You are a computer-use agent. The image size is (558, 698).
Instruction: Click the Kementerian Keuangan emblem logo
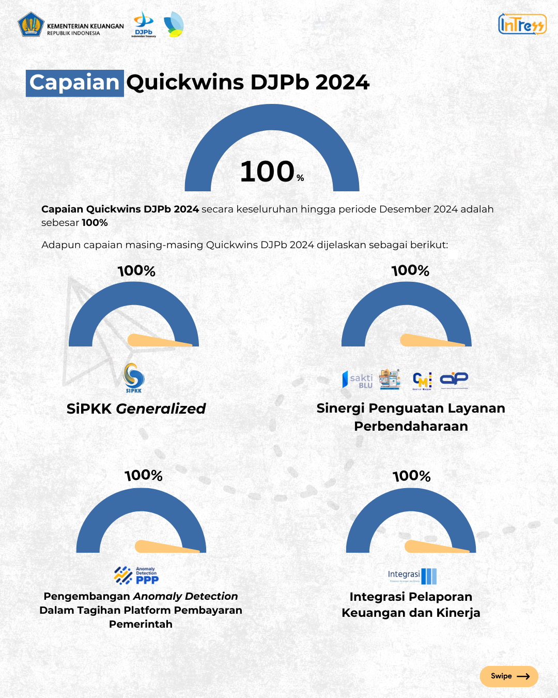31,24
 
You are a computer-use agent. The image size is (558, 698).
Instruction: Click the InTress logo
522,24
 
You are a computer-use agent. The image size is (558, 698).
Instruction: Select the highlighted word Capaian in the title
74,83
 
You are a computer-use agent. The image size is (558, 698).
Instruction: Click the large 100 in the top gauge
267,172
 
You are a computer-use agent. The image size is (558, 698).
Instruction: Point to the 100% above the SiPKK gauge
136,271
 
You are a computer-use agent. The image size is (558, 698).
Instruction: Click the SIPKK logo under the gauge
134,377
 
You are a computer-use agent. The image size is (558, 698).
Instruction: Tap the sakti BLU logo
358,380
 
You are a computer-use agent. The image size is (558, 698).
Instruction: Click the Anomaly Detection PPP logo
136,575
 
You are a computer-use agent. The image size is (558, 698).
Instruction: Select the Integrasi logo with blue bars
412,575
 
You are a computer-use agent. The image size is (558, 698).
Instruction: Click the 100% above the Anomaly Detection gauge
144,476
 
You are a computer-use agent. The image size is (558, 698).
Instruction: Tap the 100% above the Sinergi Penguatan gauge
410,271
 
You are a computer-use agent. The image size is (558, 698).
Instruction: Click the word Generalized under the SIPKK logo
161,408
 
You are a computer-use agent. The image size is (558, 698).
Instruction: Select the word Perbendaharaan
411,426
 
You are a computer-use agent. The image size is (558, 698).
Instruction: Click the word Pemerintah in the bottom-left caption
141,624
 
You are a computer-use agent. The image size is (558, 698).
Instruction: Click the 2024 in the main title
342,83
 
